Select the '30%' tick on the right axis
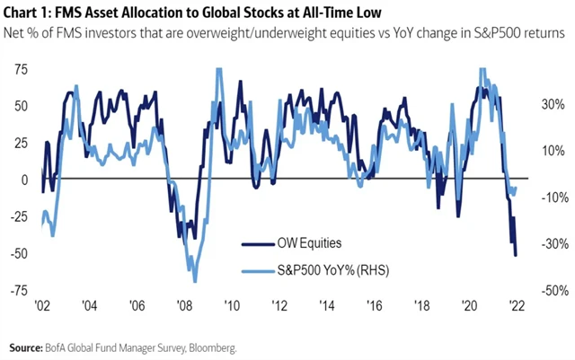click(551, 104)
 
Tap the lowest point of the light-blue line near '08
click(195, 282)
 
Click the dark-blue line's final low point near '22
click(516, 256)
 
